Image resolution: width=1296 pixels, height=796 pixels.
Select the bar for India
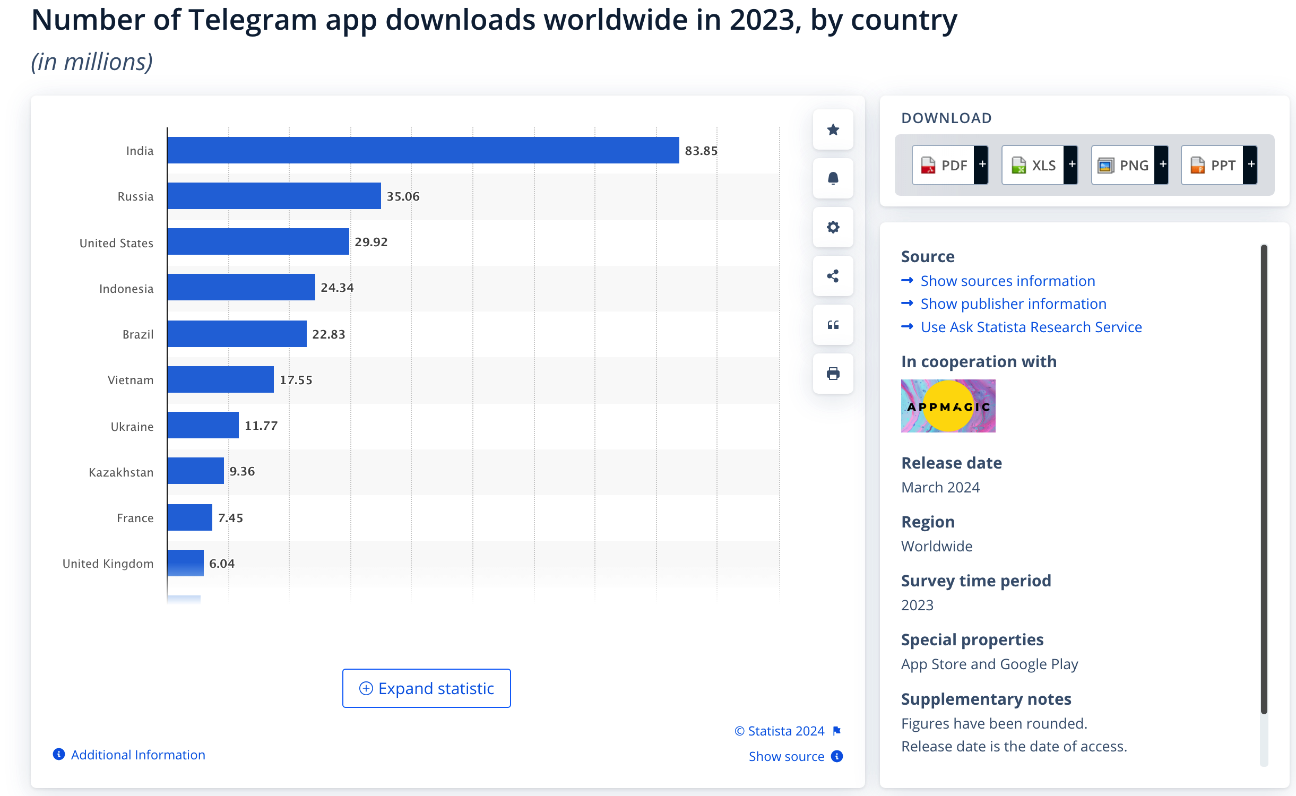click(x=423, y=150)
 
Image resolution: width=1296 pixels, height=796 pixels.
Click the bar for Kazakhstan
click(x=195, y=471)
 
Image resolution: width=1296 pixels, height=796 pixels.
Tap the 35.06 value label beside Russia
click(x=403, y=196)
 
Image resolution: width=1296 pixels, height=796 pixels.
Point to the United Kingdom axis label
click(x=108, y=564)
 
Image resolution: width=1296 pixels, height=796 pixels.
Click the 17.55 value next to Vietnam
click(x=296, y=380)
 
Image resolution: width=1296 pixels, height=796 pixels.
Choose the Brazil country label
click(x=138, y=334)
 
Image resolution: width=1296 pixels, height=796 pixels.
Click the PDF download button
click(x=950, y=165)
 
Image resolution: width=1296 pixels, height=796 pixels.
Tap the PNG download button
click(x=1130, y=165)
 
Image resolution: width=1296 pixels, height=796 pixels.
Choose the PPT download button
click(x=1219, y=165)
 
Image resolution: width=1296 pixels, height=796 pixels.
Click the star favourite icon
click(x=833, y=129)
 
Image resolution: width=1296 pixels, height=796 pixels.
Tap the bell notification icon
click(x=833, y=178)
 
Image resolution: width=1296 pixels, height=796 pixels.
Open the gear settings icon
click(x=833, y=227)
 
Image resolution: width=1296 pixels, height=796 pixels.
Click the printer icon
click(x=833, y=374)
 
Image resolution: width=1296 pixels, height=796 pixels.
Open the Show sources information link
click(x=1008, y=281)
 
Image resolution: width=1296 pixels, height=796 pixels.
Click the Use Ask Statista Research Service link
click(x=1031, y=327)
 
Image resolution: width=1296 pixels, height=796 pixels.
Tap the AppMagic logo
click(x=948, y=406)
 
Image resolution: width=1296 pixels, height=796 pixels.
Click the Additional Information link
click(x=138, y=755)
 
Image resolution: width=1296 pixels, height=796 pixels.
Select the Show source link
click(x=787, y=756)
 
